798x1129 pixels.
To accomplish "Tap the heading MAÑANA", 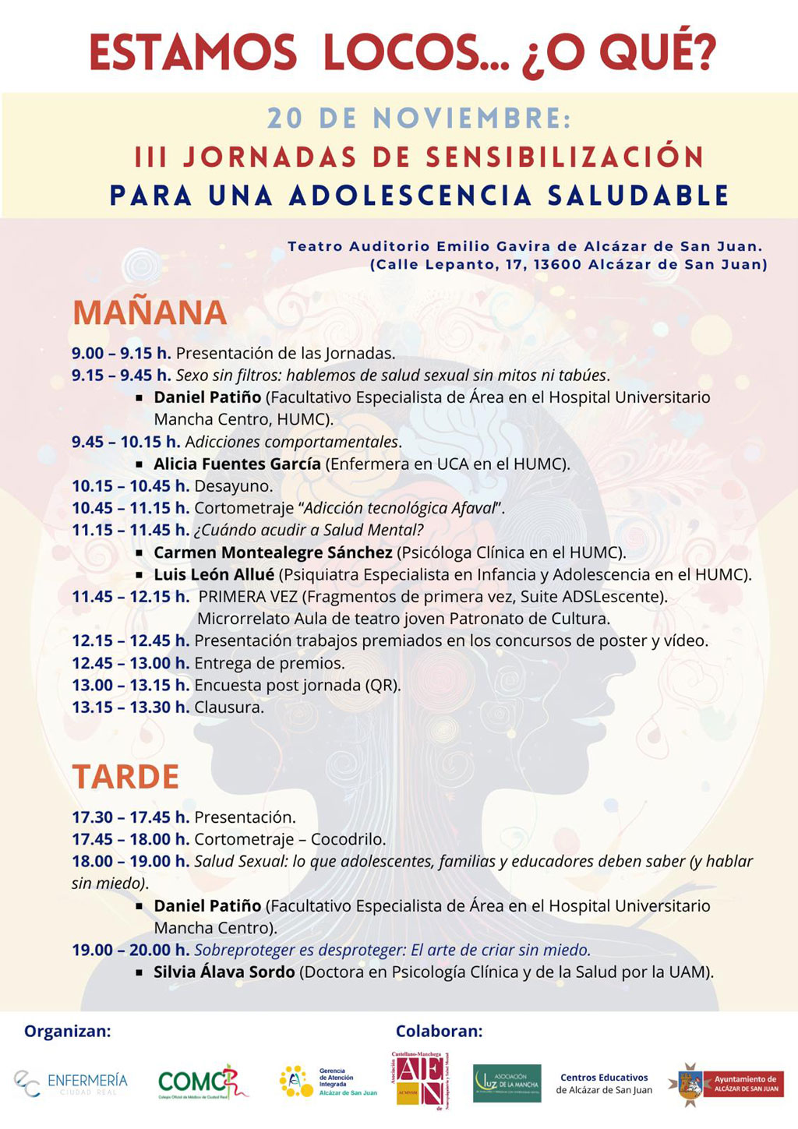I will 150,313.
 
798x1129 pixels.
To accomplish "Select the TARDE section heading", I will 125,777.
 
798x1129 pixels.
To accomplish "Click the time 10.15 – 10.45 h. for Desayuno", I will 130,486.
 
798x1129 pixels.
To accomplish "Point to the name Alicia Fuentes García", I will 237,464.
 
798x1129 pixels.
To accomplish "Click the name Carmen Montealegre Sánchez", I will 273,553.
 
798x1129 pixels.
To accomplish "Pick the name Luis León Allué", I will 214,575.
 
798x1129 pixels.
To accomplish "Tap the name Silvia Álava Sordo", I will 224,972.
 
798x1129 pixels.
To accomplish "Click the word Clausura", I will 229,707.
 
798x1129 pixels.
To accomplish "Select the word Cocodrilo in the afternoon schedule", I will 348,840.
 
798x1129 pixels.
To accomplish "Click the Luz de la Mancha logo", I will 507,1083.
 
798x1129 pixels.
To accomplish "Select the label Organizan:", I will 68,1032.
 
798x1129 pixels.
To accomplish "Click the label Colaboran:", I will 439,1032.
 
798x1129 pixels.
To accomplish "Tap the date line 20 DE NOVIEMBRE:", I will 419,118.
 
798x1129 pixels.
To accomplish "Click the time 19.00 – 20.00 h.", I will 130,951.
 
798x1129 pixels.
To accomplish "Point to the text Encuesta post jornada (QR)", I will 298,686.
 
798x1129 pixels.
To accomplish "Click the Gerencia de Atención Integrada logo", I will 328,1082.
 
